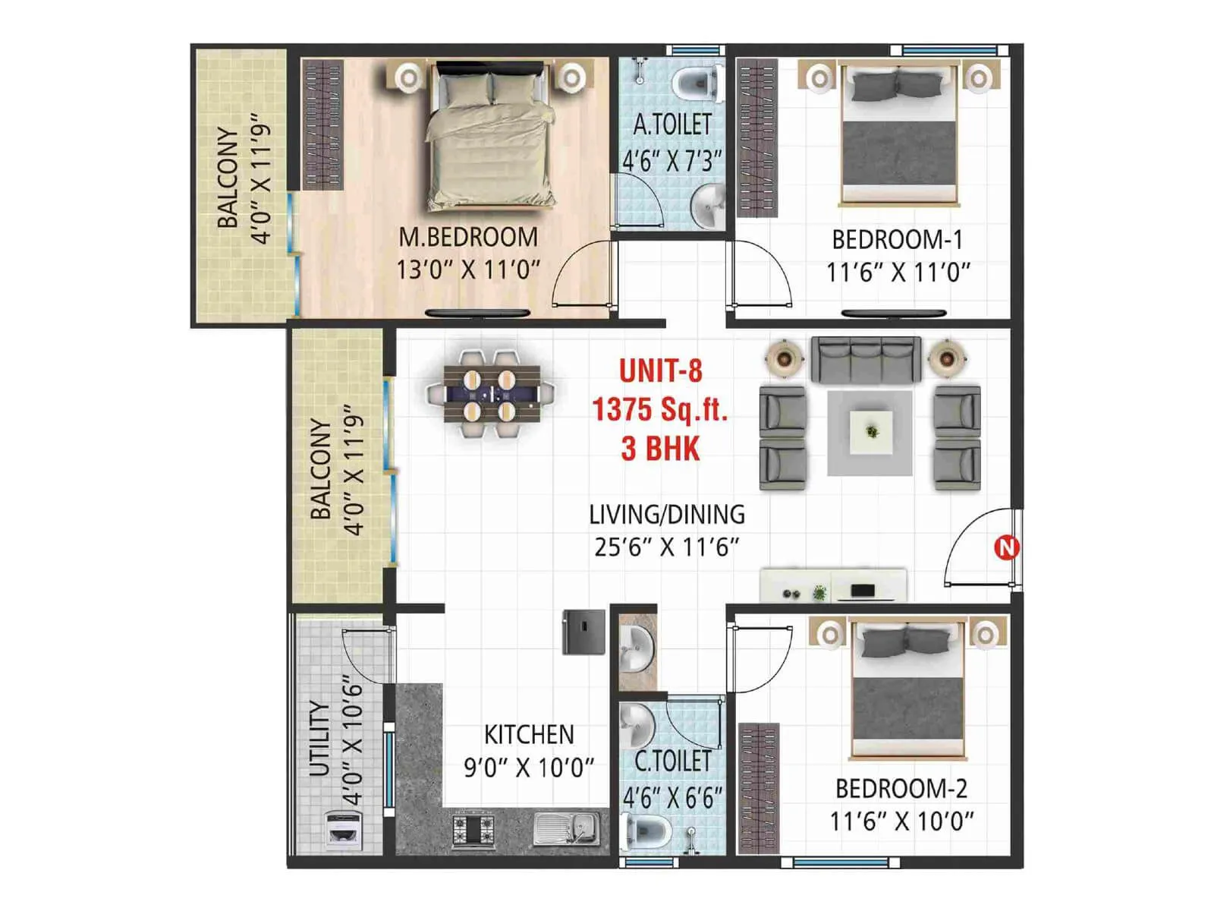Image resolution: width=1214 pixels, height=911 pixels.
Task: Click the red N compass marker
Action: coord(1006,547)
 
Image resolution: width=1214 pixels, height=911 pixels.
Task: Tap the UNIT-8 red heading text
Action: coord(660,371)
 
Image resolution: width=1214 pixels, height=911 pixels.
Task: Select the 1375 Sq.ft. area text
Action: coord(659,410)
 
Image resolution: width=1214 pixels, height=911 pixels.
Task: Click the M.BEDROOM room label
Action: coord(468,237)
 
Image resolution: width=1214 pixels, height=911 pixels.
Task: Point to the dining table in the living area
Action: coord(491,394)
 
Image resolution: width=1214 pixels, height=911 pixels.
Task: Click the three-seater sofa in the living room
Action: coord(866,359)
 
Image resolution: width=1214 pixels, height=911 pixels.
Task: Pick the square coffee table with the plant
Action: coord(871,432)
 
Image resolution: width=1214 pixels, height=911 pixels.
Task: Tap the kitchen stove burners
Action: coord(473,830)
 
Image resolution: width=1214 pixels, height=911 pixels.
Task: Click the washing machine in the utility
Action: coord(342,831)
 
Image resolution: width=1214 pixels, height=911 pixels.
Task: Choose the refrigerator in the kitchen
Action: coord(583,632)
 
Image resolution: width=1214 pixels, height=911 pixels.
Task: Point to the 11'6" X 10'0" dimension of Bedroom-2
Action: coord(901,821)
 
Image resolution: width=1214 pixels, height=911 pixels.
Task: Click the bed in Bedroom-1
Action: coord(898,137)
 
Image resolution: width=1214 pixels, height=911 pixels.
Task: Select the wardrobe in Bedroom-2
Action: coord(759,788)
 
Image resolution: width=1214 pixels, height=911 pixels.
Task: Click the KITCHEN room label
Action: coord(529,735)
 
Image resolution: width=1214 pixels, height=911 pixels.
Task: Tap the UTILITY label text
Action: coord(320,738)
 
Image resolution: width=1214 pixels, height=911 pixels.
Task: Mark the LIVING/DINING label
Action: coord(667,515)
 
